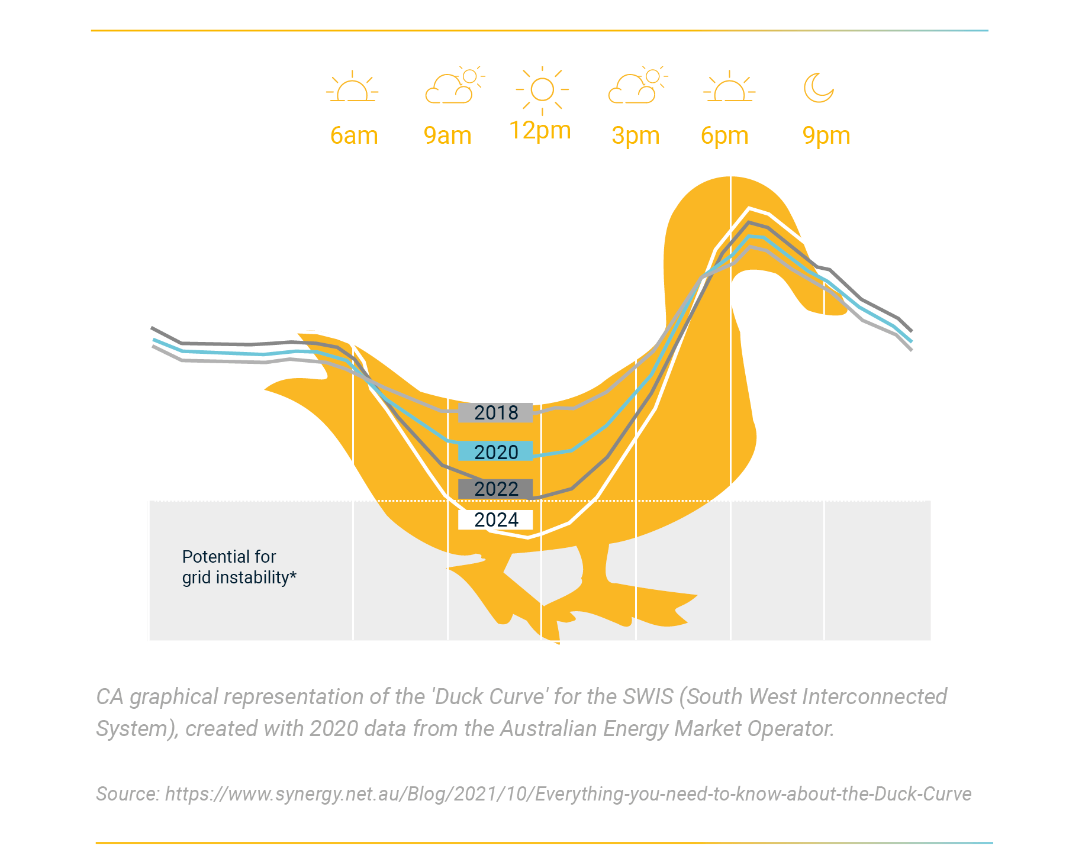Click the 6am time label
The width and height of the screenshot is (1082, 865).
click(354, 135)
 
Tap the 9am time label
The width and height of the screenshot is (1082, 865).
click(447, 135)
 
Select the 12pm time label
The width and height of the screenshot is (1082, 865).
click(540, 131)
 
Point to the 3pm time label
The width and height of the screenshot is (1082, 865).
click(636, 135)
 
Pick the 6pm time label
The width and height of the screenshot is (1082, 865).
click(724, 135)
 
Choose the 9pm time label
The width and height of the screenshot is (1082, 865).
click(826, 135)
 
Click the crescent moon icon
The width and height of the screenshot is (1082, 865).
click(819, 88)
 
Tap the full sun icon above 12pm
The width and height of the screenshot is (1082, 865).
click(542, 90)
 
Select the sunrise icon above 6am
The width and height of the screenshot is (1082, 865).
click(352, 87)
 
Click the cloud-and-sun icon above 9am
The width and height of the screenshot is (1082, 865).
click(455, 85)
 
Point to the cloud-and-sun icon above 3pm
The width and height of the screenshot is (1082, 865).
click(638, 85)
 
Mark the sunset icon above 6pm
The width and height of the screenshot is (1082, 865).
click(729, 87)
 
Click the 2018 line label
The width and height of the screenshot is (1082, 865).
click(495, 412)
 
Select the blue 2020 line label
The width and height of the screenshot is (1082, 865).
click(495, 451)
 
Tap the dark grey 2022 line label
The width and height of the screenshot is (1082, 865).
click(495, 489)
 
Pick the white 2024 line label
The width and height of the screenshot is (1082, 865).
click(495, 519)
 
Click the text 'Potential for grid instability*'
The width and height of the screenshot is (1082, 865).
click(239, 567)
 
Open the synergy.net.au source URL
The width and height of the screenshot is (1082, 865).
click(568, 793)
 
